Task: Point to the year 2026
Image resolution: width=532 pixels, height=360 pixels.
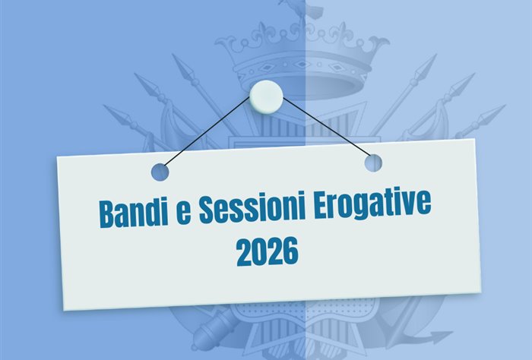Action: point(267,251)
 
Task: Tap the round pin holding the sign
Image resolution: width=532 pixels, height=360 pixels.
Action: point(266,94)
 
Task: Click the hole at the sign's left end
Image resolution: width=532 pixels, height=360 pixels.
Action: point(160,172)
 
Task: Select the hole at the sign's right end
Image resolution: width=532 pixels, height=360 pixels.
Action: point(372,162)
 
